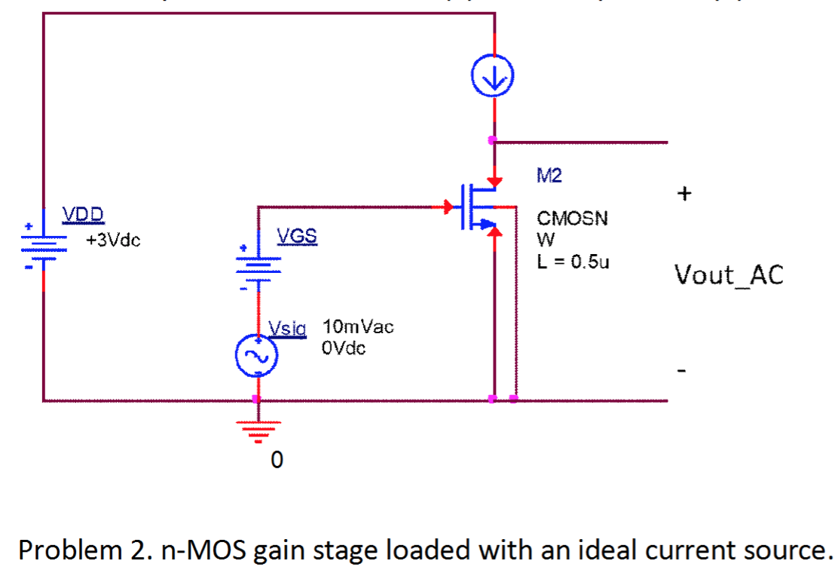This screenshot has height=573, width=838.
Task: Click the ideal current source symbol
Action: pos(494,77)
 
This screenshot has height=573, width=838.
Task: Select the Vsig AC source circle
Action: pos(257,357)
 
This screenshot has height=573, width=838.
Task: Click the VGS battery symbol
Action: pos(258,265)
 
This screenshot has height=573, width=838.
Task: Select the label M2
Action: pos(549,176)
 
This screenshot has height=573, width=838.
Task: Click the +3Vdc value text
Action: pos(113,241)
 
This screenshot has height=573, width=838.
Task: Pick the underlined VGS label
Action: pos(297,237)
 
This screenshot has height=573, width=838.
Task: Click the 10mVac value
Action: pos(358,327)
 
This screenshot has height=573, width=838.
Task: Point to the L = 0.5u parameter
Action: pos(573,262)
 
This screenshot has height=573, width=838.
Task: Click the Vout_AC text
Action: pos(729,275)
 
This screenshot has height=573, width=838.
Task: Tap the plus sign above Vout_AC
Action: pos(683,195)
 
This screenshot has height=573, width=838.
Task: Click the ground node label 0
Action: pos(276,460)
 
